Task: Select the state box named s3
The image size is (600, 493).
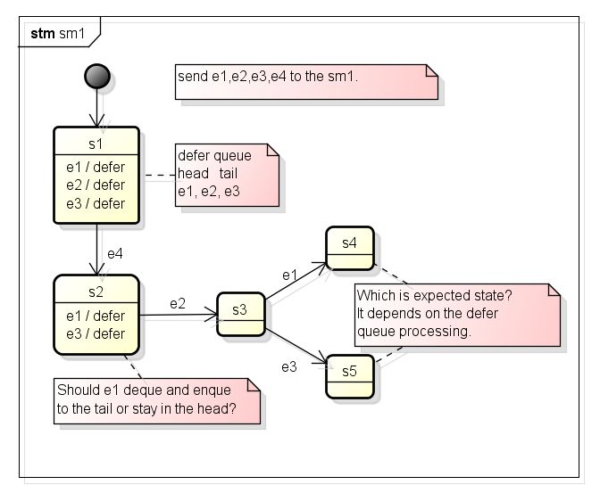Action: point(240,312)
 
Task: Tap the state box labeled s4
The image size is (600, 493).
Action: point(350,247)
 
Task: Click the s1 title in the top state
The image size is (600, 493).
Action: point(96,144)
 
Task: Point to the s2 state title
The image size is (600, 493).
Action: point(96,291)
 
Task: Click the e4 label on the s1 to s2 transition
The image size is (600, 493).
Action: point(114,254)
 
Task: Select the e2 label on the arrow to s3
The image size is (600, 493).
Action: point(179,304)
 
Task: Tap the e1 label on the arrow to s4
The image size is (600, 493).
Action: point(289,273)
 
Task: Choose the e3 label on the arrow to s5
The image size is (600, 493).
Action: point(289,366)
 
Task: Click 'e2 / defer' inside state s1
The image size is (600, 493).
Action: point(96,185)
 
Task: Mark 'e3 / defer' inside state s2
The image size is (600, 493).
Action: point(96,333)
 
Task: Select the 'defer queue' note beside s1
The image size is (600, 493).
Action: point(227,174)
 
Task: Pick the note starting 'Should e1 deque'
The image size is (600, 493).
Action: point(157,399)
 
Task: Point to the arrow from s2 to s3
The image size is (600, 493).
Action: point(179,315)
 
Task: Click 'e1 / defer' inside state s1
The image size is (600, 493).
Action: point(96,167)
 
